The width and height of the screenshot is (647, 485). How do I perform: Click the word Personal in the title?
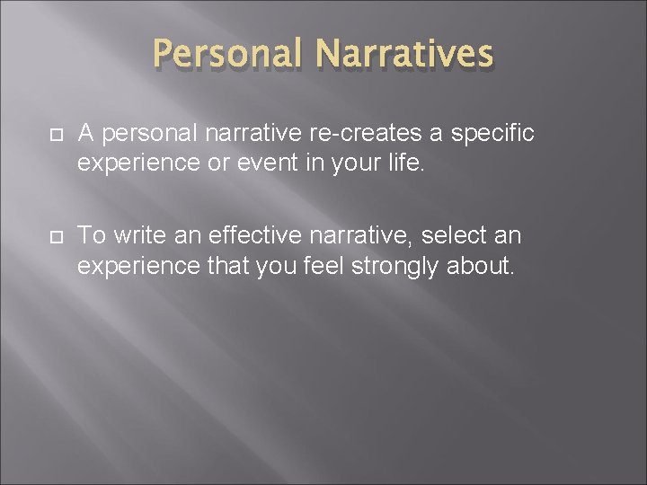228,54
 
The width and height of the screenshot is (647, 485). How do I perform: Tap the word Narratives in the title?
404,54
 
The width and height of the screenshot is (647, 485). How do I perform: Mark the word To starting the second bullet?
93,236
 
